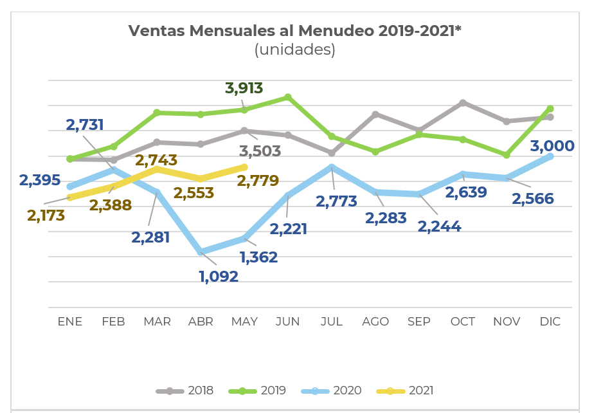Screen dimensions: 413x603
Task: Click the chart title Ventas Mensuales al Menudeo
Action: pos(295,31)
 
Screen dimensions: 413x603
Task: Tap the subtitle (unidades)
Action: pos(295,50)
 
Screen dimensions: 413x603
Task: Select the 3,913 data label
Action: pos(244,88)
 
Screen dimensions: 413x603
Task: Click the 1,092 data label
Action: pos(219,277)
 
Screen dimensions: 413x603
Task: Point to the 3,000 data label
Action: pos(552,146)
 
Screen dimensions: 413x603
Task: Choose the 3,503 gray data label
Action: pos(260,151)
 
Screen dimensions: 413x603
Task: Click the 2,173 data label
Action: pos(46,216)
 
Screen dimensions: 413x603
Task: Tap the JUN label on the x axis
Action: pos(287,322)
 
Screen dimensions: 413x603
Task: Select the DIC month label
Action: pos(550,322)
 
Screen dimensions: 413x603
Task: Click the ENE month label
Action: pos(70,322)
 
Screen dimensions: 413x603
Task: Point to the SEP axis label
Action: pos(419,322)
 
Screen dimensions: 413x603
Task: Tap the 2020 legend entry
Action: pos(332,390)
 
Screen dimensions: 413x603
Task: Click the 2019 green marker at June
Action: pos(288,97)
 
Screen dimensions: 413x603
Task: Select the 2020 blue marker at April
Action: pos(201,252)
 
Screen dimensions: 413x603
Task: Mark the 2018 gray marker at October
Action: pos(463,103)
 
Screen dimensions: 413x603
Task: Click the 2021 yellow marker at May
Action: pos(244,167)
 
